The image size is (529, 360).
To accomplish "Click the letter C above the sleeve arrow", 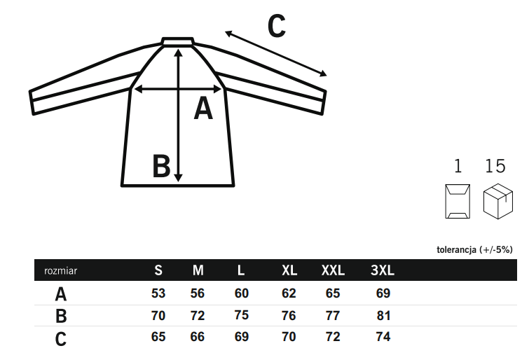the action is click(x=277, y=26).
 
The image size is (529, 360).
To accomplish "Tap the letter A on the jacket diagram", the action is click(x=203, y=109).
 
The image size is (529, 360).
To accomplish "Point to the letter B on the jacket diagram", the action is click(x=161, y=166).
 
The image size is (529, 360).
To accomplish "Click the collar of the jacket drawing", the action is click(x=178, y=41).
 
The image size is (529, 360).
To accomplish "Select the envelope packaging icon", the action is click(x=458, y=202).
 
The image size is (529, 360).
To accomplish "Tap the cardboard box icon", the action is click(x=498, y=201).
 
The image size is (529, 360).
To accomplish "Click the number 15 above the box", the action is click(x=495, y=166).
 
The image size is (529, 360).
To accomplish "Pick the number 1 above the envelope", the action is click(x=458, y=166).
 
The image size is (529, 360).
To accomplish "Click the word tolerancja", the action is click(x=456, y=249).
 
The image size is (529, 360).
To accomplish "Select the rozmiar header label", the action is click(x=61, y=270).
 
